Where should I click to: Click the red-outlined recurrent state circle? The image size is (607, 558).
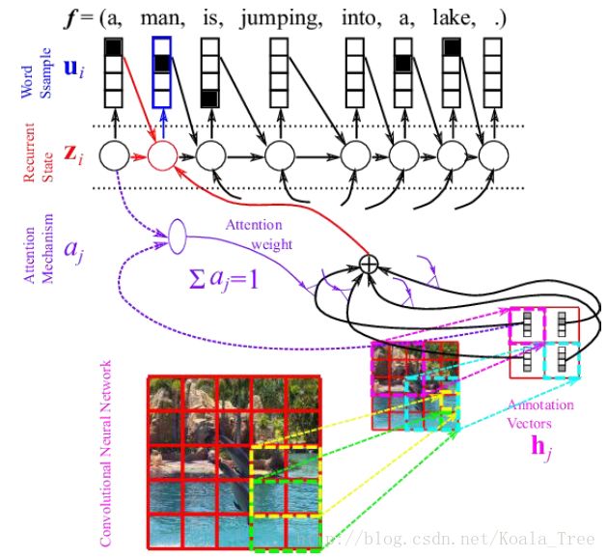coord(162,154)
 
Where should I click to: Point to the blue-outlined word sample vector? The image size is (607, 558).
coord(162,73)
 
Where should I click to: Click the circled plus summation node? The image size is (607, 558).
coord(368,263)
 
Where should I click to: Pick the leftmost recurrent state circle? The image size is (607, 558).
coord(115,154)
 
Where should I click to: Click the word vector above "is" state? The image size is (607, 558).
coord(209,73)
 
